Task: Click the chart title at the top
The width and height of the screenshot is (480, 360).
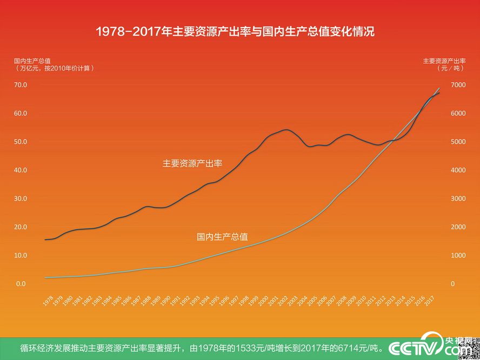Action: (x=235, y=31)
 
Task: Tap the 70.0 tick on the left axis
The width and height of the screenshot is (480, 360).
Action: (x=21, y=85)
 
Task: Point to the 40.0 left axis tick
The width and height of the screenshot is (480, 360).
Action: (x=21, y=170)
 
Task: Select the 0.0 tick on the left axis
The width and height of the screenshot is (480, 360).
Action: (x=21, y=283)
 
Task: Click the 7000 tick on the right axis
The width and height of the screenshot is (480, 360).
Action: (x=457, y=85)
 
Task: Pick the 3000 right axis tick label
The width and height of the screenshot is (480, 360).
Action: (x=457, y=198)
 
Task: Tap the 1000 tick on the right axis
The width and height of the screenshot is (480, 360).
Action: (x=457, y=255)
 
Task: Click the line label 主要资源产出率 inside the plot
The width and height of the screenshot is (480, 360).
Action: (x=192, y=163)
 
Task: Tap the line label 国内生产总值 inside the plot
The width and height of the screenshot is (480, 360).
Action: (x=222, y=236)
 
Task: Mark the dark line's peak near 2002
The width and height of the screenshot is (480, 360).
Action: (x=286, y=130)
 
